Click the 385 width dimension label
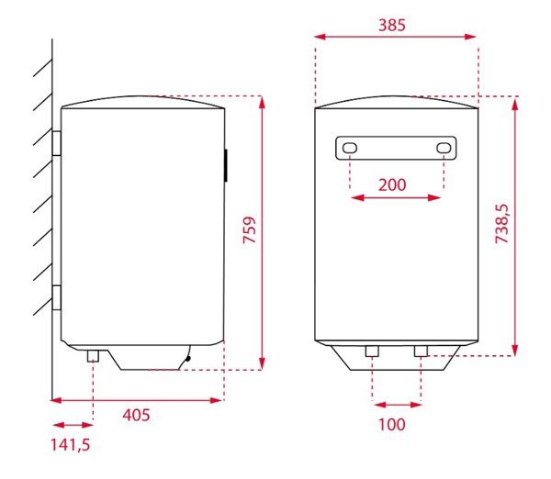(392, 25)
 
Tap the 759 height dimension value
(250, 230)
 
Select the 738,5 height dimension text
(501, 224)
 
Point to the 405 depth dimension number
(136, 415)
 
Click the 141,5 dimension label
(71, 444)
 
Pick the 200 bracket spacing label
(392, 184)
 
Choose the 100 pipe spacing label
(392, 425)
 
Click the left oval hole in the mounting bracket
(350, 148)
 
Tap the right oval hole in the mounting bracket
(444, 148)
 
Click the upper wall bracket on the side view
(56, 143)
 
